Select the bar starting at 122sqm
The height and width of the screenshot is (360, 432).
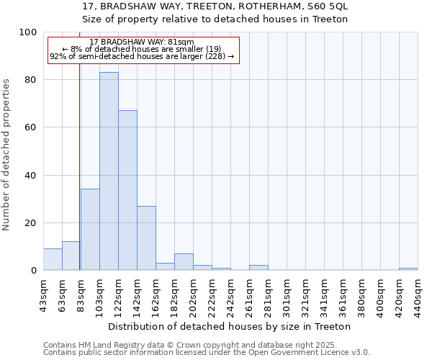127,190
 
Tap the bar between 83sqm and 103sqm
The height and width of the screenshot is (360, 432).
90,230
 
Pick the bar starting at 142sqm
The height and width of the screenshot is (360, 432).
146,238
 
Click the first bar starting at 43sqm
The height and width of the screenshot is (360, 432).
53,259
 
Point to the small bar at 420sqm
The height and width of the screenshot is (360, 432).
408,269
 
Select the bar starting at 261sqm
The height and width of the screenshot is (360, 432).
258,268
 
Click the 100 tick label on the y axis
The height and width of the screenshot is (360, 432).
28,32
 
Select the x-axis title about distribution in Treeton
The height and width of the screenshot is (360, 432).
230,326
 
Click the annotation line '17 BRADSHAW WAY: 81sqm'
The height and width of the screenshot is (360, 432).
143,42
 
